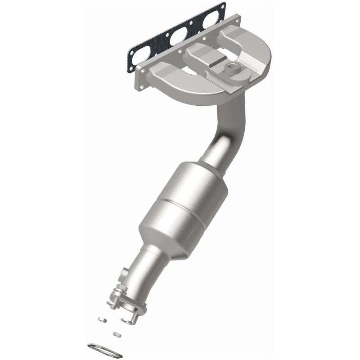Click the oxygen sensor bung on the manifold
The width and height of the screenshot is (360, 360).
(x=233, y=68)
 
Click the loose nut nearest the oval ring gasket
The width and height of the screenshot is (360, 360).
(x=117, y=334)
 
